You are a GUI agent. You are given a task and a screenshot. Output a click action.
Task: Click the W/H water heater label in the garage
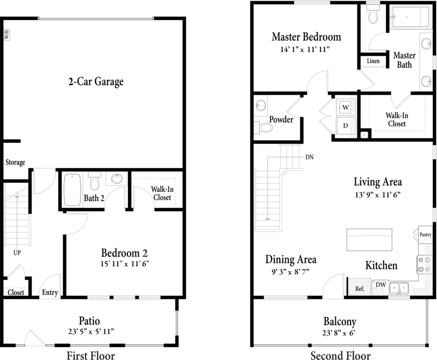[6, 34]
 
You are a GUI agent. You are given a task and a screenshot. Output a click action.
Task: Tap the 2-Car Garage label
[96, 82]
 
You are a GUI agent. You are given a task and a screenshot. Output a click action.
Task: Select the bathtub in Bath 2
[72, 190]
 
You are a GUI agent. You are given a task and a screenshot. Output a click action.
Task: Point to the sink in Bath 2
[117, 178]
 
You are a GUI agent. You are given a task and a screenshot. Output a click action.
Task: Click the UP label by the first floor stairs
[17, 253]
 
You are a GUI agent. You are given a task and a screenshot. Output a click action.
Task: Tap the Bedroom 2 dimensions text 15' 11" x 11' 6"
[125, 264]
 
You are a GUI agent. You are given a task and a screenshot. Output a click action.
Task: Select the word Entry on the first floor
[50, 292]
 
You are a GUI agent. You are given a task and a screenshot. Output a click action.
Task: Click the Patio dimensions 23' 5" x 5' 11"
[91, 331]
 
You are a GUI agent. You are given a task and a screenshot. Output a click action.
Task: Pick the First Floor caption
[91, 355]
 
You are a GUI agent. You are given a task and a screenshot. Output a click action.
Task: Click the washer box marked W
[346, 107]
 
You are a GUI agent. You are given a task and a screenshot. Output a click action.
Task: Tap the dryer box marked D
[346, 126]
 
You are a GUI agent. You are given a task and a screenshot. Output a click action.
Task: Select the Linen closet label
[373, 61]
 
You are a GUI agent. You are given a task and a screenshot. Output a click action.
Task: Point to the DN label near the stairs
[309, 157]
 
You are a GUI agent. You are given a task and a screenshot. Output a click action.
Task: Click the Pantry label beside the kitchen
[425, 234]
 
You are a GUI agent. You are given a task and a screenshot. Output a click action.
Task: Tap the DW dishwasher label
[381, 285]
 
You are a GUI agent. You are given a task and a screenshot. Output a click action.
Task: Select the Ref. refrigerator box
[360, 288]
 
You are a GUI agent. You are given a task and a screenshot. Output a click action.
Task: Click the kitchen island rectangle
[369, 240]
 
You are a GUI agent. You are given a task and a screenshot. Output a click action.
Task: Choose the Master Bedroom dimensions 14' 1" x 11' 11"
[305, 49]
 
